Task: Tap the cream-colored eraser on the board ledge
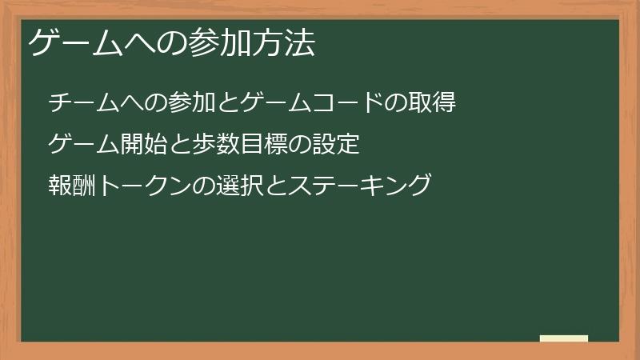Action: tap(564, 338)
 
